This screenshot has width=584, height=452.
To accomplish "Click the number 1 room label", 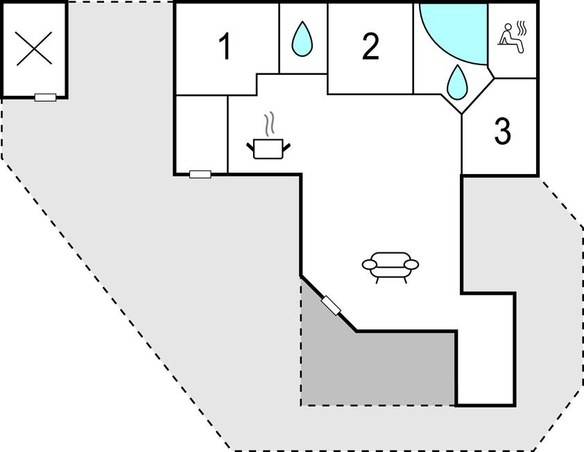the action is click(x=225, y=46).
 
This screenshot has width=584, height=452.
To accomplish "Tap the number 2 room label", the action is click(x=370, y=46).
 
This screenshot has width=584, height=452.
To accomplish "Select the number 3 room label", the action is click(x=503, y=131).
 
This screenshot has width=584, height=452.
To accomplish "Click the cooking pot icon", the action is click(x=268, y=148).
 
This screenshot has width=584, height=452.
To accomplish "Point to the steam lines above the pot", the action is click(x=270, y=123).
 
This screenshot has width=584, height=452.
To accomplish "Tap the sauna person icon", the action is click(x=510, y=38).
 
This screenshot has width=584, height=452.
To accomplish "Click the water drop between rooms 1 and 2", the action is click(x=302, y=39).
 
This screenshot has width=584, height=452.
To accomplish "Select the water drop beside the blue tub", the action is click(x=457, y=82).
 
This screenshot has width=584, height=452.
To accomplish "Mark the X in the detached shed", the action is click(x=34, y=49).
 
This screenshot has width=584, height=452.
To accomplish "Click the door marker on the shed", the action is click(x=46, y=98).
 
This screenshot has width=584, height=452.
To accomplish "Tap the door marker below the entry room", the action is click(x=200, y=174).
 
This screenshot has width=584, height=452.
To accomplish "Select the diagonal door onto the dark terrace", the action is click(x=331, y=306).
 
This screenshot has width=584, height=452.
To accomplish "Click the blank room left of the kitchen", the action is click(x=202, y=134).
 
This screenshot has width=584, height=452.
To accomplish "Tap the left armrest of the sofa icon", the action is click(x=370, y=264).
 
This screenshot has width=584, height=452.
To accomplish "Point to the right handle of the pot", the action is click(x=286, y=147).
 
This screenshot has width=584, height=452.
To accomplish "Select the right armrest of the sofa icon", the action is click(x=411, y=264).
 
